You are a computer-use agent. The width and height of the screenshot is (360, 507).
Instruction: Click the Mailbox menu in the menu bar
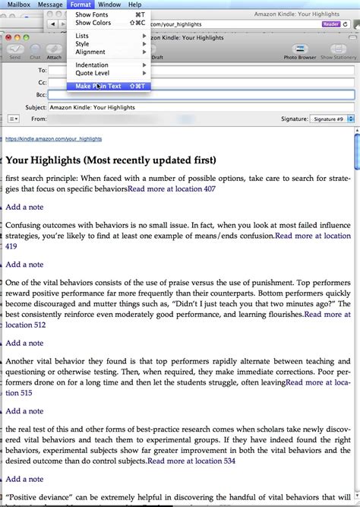(17, 5)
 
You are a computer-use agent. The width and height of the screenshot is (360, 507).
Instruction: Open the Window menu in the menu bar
(109, 5)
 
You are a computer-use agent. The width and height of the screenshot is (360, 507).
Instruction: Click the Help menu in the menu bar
(134, 5)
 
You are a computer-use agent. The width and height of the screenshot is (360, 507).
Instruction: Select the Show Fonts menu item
(91, 14)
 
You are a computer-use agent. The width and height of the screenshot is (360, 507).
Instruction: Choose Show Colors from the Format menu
(93, 23)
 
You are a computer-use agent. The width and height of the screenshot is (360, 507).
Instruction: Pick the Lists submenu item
(82, 36)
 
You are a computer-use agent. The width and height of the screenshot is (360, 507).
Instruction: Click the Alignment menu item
(90, 52)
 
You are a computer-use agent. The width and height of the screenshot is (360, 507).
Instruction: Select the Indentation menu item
(92, 65)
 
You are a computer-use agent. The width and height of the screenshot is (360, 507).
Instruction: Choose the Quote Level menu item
(92, 74)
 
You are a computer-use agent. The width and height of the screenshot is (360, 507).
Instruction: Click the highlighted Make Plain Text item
(98, 86)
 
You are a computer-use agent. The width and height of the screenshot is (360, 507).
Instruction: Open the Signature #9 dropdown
(330, 119)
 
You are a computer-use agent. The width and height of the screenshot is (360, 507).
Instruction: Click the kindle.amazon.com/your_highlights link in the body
(53, 139)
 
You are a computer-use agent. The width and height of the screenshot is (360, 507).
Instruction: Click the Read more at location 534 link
(191, 461)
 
